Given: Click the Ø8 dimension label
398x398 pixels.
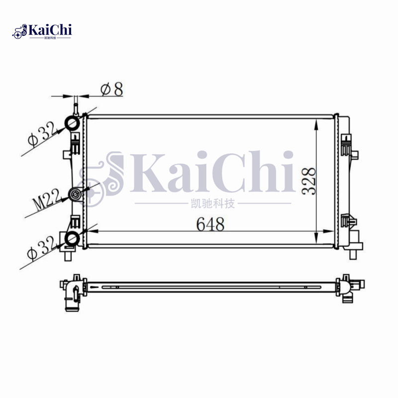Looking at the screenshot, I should coord(111,90).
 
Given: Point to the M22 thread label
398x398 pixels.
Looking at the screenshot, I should coord(48,199).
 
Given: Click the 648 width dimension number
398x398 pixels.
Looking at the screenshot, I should coord(210,224).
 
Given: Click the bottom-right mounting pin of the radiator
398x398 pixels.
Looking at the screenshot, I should coord(353,254).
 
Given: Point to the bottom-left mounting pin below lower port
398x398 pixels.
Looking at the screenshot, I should coord(68,257).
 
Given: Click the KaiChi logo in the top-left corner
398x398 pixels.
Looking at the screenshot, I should coord(43,31).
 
